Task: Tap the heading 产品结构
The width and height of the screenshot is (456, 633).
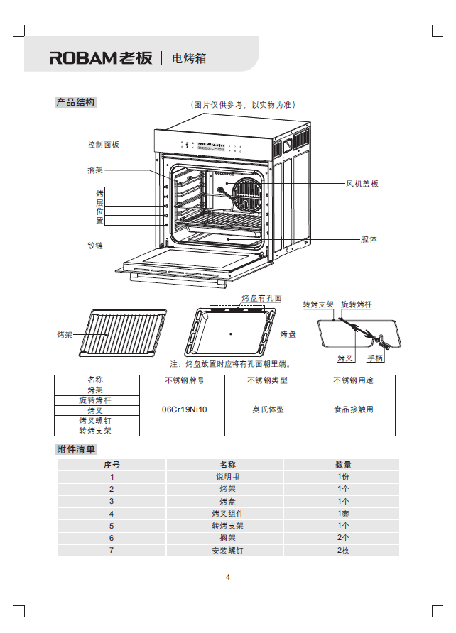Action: coord(75,103)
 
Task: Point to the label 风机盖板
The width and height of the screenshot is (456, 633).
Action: coord(362,184)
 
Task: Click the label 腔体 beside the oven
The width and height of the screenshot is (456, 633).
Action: coord(369,239)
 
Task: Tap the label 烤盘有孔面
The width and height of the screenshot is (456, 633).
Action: coord(261,299)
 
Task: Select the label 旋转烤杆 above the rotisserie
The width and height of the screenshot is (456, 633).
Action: coord(357,304)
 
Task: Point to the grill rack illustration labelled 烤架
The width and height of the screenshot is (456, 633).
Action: coord(125,333)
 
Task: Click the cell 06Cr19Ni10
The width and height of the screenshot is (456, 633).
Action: coord(183,410)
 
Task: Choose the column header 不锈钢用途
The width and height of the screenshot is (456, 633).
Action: coord(352,380)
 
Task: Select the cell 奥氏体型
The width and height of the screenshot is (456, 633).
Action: coord(267,410)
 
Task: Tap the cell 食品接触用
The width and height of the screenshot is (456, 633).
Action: coord(353,410)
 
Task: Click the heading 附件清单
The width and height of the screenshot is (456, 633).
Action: coord(75,449)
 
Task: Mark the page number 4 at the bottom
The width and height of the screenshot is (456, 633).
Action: coord(228,577)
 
